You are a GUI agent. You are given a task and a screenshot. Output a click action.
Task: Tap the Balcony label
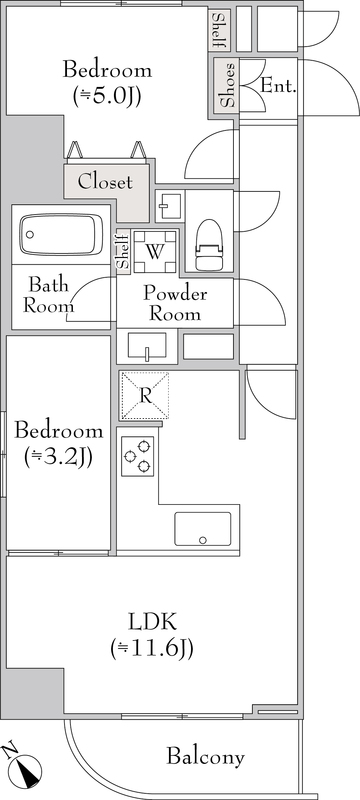205,757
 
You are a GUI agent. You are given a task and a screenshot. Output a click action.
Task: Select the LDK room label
152,622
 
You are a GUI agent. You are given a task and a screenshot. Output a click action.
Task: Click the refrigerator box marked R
144,396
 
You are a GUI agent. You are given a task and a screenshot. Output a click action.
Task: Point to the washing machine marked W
155,251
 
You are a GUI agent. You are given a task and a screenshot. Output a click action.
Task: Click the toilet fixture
210,244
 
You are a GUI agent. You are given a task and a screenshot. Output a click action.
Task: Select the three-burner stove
138,456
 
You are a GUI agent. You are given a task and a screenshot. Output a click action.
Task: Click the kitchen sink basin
202,529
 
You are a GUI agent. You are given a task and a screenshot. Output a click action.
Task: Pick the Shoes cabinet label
228,85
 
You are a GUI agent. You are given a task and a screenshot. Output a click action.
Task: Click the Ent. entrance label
278,86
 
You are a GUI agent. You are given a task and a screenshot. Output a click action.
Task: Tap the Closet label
105,182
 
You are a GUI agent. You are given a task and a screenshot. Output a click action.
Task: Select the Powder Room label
175,304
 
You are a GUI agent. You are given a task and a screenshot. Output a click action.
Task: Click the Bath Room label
48,295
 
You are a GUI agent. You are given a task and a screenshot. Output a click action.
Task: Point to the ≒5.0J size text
107,95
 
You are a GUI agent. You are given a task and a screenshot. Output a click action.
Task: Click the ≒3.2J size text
58,458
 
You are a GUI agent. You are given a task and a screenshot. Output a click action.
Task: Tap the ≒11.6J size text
152,649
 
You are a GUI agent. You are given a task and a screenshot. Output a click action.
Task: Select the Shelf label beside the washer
123,252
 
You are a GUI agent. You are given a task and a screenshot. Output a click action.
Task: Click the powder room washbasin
147,347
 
